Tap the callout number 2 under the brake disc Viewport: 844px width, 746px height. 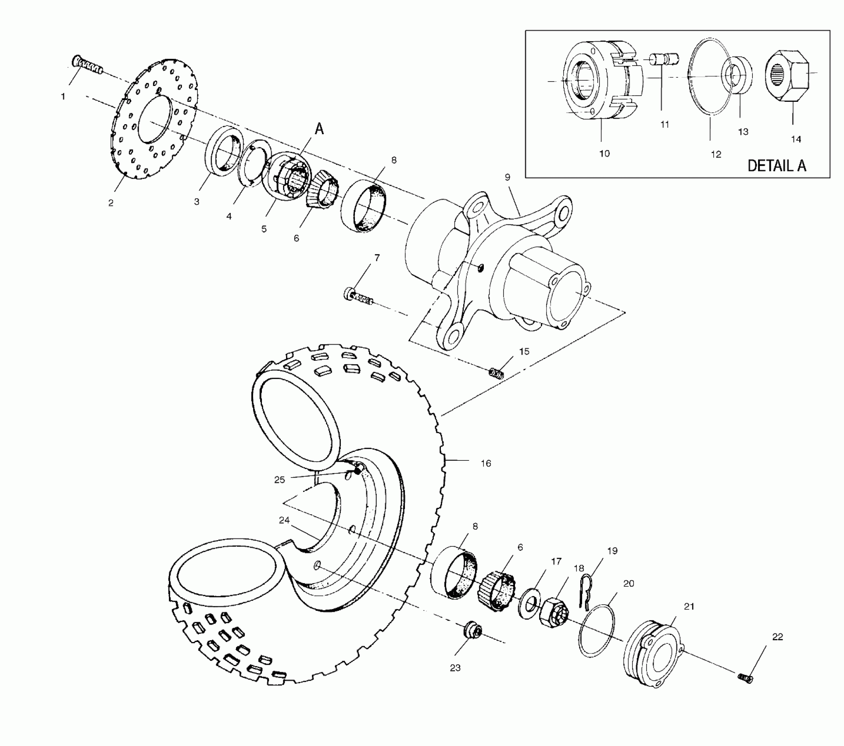[x=111, y=203]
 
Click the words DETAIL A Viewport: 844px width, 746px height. [x=776, y=166]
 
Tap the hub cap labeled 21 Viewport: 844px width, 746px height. [x=653, y=653]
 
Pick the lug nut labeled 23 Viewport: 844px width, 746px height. [x=473, y=632]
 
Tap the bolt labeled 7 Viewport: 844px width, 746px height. [x=358, y=295]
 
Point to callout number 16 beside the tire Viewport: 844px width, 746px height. [x=486, y=463]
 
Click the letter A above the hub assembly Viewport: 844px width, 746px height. [x=319, y=129]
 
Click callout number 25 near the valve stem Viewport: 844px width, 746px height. [x=279, y=480]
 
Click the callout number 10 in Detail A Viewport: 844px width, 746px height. [x=604, y=154]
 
